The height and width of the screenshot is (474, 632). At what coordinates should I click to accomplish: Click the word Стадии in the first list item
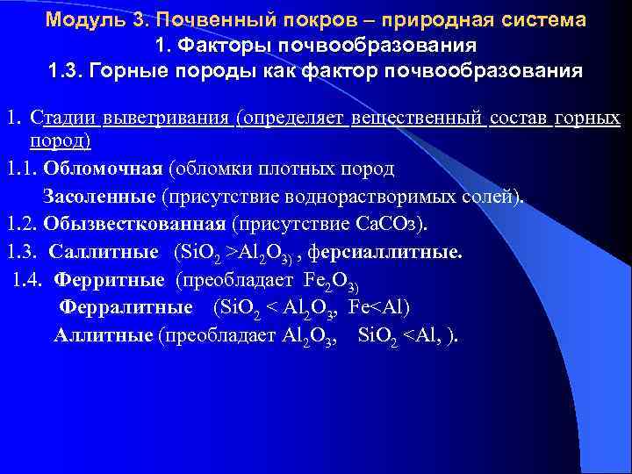pos(63,118)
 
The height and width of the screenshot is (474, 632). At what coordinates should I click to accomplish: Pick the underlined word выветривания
pos(167,118)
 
